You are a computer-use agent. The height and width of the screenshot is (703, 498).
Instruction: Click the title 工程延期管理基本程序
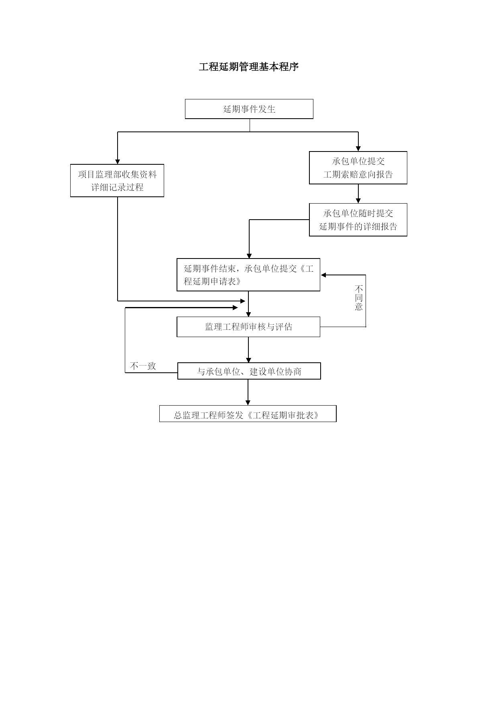(x=249, y=67)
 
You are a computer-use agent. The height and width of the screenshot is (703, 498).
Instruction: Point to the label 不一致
(x=143, y=366)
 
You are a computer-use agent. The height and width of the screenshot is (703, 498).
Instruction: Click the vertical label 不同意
(x=359, y=298)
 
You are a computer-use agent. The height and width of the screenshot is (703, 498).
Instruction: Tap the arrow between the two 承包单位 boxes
(x=358, y=194)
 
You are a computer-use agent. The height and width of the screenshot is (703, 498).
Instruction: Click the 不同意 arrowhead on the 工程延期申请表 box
(x=323, y=275)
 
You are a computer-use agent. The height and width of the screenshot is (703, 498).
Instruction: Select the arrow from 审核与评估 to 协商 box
(x=248, y=349)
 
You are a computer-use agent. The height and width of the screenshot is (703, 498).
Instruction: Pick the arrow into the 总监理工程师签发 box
(x=248, y=392)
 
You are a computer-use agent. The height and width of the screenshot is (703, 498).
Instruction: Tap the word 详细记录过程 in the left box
(x=117, y=187)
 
